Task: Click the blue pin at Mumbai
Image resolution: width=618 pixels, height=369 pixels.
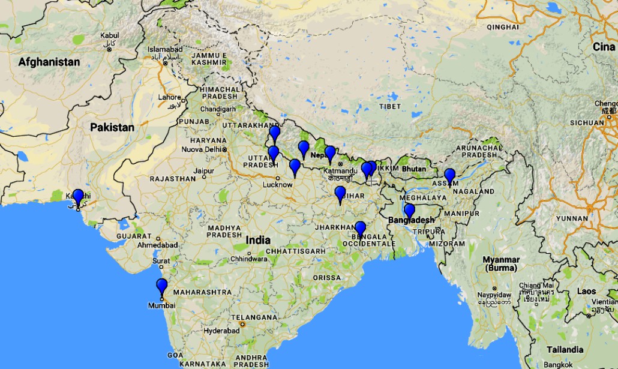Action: tap(161, 287)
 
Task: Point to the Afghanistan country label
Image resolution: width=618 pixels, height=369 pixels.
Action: tap(49, 62)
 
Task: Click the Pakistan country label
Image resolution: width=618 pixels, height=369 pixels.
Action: tap(112, 127)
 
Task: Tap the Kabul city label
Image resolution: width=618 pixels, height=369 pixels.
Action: tap(110, 36)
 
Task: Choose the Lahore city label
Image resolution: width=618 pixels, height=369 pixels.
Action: tap(169, 97)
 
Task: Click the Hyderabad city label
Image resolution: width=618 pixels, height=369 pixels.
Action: tap(221, 331)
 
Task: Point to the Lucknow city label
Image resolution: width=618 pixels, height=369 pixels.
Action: tap(277, 185)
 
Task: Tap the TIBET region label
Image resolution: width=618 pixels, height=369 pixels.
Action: tap(389, 106)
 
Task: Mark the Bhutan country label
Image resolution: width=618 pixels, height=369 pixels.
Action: tap(413, 169)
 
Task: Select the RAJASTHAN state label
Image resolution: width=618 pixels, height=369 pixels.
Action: tap(173, 179)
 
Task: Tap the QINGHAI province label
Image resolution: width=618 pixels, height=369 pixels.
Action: tap(502, 27)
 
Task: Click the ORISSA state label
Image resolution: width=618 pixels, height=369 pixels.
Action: tap(326, 278)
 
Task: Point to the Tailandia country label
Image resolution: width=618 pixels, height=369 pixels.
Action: tap(565, 349)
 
